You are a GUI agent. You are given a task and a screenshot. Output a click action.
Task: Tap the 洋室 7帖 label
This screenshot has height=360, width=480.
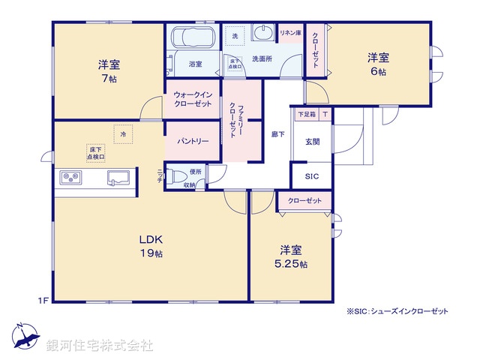point(109,69)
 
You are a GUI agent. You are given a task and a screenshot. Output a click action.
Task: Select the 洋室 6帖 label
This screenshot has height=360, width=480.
point(377,64)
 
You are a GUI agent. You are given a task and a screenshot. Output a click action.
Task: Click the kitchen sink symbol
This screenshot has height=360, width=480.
point(118,178)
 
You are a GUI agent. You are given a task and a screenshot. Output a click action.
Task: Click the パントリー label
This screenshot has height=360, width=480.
point(192,141)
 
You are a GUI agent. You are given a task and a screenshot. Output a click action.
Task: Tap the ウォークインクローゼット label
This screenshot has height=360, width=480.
point(193,99)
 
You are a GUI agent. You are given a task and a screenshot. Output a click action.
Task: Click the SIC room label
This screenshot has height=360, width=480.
point(311,176)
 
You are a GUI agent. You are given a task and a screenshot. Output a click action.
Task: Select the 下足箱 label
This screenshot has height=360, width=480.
point(307,115)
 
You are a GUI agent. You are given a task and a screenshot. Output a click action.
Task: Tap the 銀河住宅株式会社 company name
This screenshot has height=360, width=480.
point(100,346)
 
